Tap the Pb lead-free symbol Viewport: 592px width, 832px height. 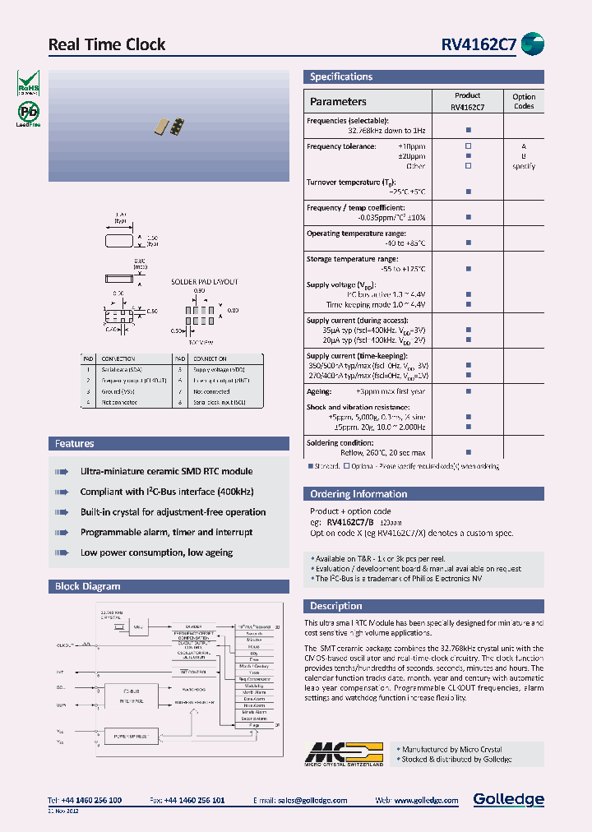click(x=27, y=113)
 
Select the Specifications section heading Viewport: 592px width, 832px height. click(x=341, y=77)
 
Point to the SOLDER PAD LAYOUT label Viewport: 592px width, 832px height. click(x=204, y=282)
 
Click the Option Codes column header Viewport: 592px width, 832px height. click(x=524, y=101)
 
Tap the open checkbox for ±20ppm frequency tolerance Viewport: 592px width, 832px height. click(x=468, y=155)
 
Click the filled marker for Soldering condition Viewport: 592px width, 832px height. click(x=468, y=452)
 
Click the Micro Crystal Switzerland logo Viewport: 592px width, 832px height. click(x=345, y=754)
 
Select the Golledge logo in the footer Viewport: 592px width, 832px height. click(x=508, y=799)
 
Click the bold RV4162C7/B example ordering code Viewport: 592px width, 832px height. click(x=350, y=522)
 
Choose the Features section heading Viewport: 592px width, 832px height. click(x=75, y=444)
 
